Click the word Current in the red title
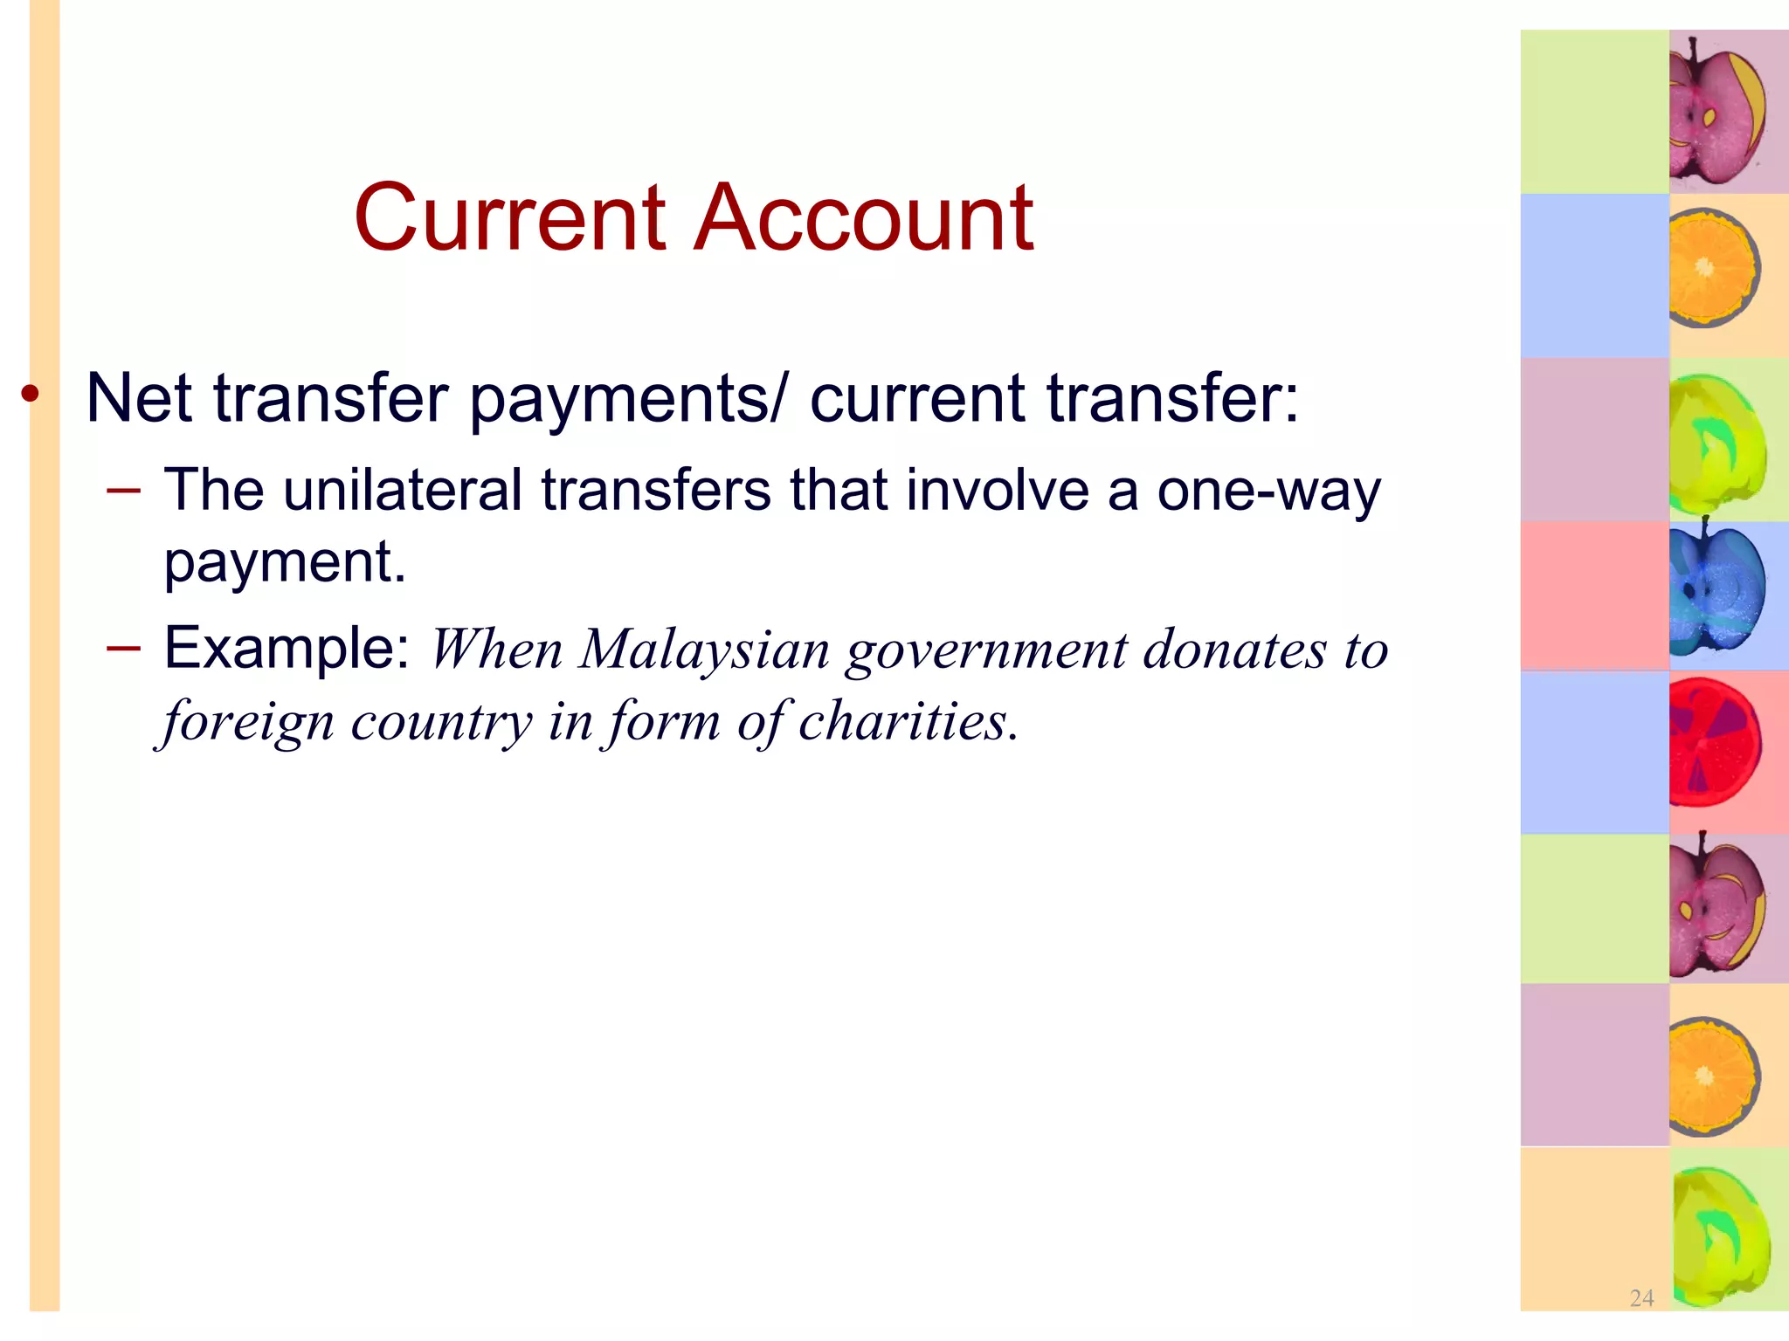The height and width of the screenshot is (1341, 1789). tap(510, 217)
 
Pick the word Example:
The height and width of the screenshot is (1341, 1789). tap(287, 648)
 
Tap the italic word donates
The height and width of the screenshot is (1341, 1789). tap(1234, 650)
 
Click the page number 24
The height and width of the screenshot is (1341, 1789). tap(1641, 1298)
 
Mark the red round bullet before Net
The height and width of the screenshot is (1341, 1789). tap(31, 395)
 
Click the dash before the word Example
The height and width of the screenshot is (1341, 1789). tap(123, 648)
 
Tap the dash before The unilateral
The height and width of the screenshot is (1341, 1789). tap(123, 490)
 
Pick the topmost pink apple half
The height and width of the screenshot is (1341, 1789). tap(1715, 110)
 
